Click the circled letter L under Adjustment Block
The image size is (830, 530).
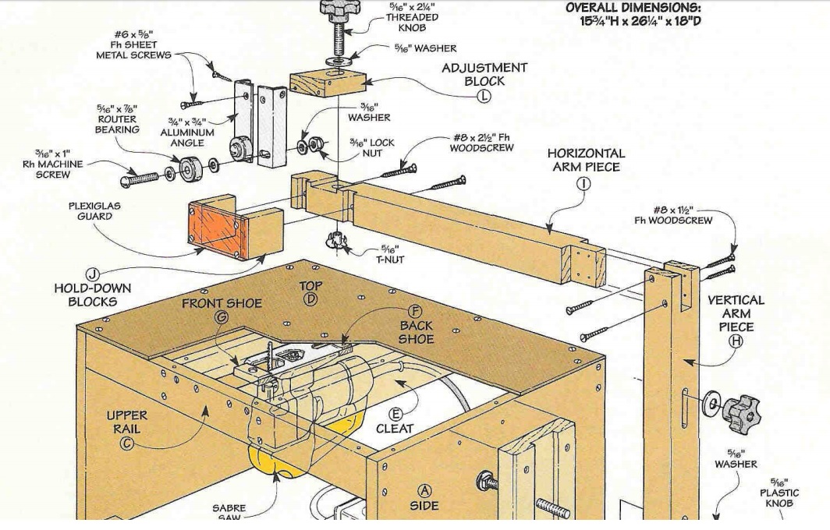click(484, 96)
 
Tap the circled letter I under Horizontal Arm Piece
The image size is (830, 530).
click(583, 183)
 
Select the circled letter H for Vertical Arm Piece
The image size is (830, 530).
click(736, 341)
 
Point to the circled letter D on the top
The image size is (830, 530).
click(310, 300)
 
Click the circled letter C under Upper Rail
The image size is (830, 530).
click(126, 443)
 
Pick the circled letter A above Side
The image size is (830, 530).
click(425, 490)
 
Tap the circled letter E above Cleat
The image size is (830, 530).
click(395, 414)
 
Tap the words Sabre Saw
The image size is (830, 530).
click(229, 514)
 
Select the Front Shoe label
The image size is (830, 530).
click(222, 303)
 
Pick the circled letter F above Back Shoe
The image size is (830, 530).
click(415, 310)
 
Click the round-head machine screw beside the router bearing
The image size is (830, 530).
click(145, 179)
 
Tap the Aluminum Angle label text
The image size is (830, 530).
click(187, 132)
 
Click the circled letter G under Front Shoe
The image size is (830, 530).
click(222, 317)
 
